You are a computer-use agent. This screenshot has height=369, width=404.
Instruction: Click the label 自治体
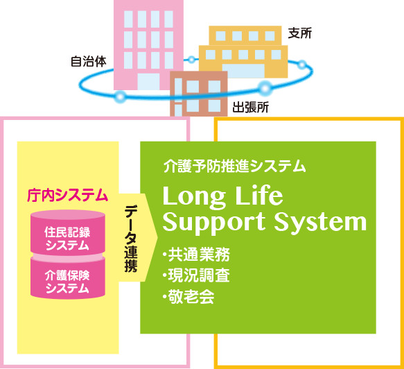click(89, 62)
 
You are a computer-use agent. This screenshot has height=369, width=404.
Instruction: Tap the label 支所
click(300, 33)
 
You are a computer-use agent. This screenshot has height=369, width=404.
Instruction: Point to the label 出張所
click(250, 108)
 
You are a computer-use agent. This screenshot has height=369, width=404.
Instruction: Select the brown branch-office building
click(199, 94)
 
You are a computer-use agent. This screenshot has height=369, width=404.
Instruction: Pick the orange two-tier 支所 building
click(243, 52)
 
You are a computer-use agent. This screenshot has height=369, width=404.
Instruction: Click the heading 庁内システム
click(67, 195)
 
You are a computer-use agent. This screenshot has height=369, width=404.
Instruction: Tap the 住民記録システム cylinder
click(67, 232)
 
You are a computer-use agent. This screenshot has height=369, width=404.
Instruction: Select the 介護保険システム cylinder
click(67, 279)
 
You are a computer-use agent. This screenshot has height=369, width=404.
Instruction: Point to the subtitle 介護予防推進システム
click(235, 166)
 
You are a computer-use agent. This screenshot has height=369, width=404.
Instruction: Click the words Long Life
click(223, 196)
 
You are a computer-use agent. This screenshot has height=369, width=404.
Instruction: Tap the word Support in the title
click(214, 223)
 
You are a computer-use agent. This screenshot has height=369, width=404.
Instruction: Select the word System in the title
click(320, 222)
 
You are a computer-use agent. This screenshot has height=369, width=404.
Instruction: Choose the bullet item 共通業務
click(196, 255)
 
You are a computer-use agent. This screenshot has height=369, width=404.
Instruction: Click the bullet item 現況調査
click(196, 275)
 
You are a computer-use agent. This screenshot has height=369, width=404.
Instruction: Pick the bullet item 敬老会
click(188, 297)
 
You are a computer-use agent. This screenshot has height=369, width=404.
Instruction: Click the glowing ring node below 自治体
click(120, 97)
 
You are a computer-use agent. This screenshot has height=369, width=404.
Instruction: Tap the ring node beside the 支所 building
click(301, 65)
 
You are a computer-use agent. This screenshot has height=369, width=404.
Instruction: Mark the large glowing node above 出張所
click(265, 88)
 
